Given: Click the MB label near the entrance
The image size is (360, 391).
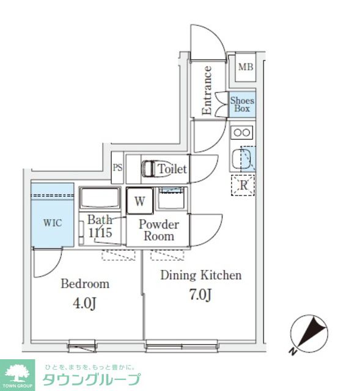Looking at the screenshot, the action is [246, 67].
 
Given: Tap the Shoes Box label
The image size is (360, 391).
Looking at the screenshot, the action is [242, 104].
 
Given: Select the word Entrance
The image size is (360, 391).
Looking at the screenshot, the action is [207, 90].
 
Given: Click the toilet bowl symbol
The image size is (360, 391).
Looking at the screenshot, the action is [156, 169].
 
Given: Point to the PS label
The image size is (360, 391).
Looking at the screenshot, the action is [117, 167].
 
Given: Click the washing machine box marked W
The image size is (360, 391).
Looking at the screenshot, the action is [140, 201].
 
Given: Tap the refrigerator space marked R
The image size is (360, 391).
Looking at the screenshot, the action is [243, 185].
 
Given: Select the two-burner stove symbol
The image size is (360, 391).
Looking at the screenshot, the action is [242, 133].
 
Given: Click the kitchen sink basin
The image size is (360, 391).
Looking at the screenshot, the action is [241, 159].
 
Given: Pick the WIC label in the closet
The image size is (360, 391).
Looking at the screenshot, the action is [53, 222].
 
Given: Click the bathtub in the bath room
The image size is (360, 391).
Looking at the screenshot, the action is [100, 198].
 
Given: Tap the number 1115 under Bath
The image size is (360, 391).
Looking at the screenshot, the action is [100, 233].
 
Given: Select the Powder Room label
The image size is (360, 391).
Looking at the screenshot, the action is [159, 230].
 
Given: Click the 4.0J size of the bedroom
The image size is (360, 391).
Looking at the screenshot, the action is [84, 304].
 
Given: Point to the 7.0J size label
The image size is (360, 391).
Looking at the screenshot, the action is [200, 294].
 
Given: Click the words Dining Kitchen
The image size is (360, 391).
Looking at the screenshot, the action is [201, 275].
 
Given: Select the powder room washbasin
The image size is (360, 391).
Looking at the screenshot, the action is [171, 198].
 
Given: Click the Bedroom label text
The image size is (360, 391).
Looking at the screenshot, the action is [85, 283].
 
